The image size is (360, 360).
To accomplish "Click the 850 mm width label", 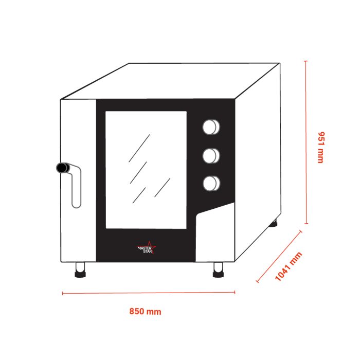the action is tap(145, 312).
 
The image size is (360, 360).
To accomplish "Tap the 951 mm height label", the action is tap(320, 148).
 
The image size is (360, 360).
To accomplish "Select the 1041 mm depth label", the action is tap(289, 266).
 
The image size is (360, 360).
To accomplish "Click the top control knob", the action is tap(211, 127).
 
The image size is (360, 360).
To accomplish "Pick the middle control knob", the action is tap(211, 156).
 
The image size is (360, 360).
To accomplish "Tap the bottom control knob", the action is tap(211, 184).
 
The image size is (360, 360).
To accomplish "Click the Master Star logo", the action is tap(146, 248).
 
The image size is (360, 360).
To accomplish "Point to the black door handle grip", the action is tap(63, 168).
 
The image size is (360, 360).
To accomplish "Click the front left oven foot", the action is tap(80, 270).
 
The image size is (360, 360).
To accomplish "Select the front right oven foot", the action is tap(218, 270).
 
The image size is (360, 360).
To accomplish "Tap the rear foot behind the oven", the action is tap(273, 223).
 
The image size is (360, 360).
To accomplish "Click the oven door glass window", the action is tap(146, 170).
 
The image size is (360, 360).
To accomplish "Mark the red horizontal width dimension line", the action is tap(149, 293).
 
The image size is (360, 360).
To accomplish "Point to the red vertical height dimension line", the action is tap(306, 142).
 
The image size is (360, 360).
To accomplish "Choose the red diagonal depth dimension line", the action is tap(279, 257).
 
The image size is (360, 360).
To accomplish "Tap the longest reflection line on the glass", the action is tap(139, 148).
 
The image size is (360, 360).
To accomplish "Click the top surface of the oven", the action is tap(170, 81).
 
